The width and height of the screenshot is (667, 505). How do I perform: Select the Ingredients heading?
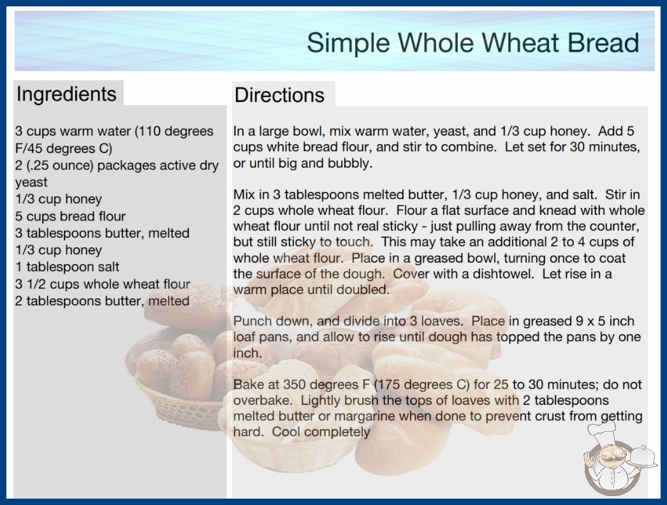pyautogui.click(x=66, y=94)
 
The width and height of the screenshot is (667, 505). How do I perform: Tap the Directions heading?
pyautogui.click(x=279, y=95)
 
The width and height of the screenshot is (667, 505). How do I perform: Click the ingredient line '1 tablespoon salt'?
pyautogui.click(x=67, y=267)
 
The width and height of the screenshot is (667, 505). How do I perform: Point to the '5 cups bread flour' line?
pyautogui.click(x=71, y=216)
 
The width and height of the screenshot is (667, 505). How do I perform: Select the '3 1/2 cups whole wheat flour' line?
pyautogui.click(x=103, y=284)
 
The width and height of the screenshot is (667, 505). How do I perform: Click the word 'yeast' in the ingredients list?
pyautogui.click(x=31, y=182)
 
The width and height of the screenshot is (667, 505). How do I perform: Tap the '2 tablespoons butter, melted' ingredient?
pyautogui.click(x=102, y=301)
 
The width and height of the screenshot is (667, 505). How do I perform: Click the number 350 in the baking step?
pyautogui.click(x=295, y=384)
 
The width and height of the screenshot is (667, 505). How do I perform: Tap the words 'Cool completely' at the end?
pyautogui.click(x=321, y=432)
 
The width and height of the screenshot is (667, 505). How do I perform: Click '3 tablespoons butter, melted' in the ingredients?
pyautogui.click(x=102, y=233)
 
